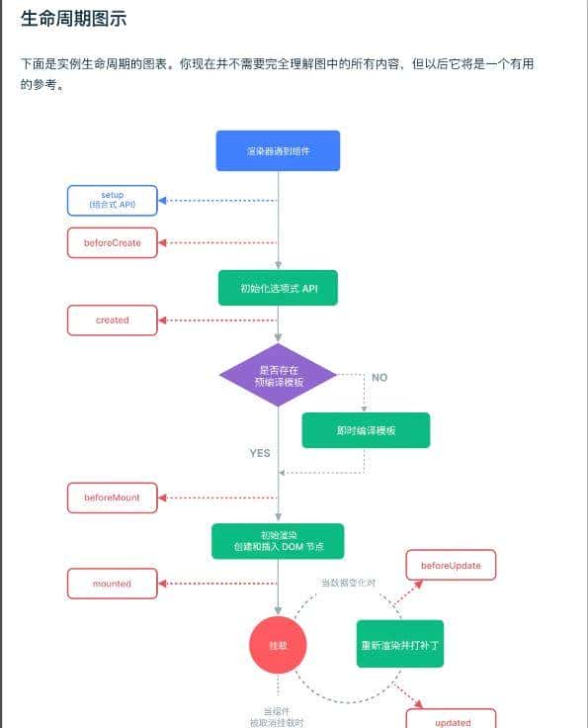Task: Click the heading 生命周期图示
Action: (73, 20)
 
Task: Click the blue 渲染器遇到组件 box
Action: (278, 150)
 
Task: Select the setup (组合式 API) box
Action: (112, 200)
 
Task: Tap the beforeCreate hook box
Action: (112, 242)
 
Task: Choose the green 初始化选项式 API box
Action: (278, 288)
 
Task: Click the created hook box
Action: (112, 320)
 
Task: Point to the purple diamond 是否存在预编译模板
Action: (278, 375)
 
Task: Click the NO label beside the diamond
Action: (379, 378)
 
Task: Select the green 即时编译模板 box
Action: (366, 431)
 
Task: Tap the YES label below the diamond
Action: (260, 453)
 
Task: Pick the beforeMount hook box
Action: (112, 498)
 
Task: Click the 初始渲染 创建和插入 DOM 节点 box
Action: (278, 541)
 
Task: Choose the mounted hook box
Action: (112, 584)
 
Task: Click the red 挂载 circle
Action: (278, 645)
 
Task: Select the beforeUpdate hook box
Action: (451, 565)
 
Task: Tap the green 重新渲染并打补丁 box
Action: (401, 644)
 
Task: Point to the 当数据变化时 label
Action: (348, 583)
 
